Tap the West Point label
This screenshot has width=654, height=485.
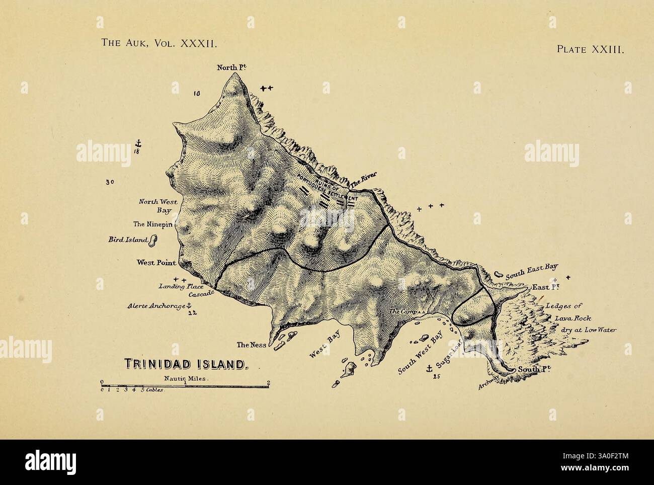156,263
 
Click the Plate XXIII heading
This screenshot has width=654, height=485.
590,50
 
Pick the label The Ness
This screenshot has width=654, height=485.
251,345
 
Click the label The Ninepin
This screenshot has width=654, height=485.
152,224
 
